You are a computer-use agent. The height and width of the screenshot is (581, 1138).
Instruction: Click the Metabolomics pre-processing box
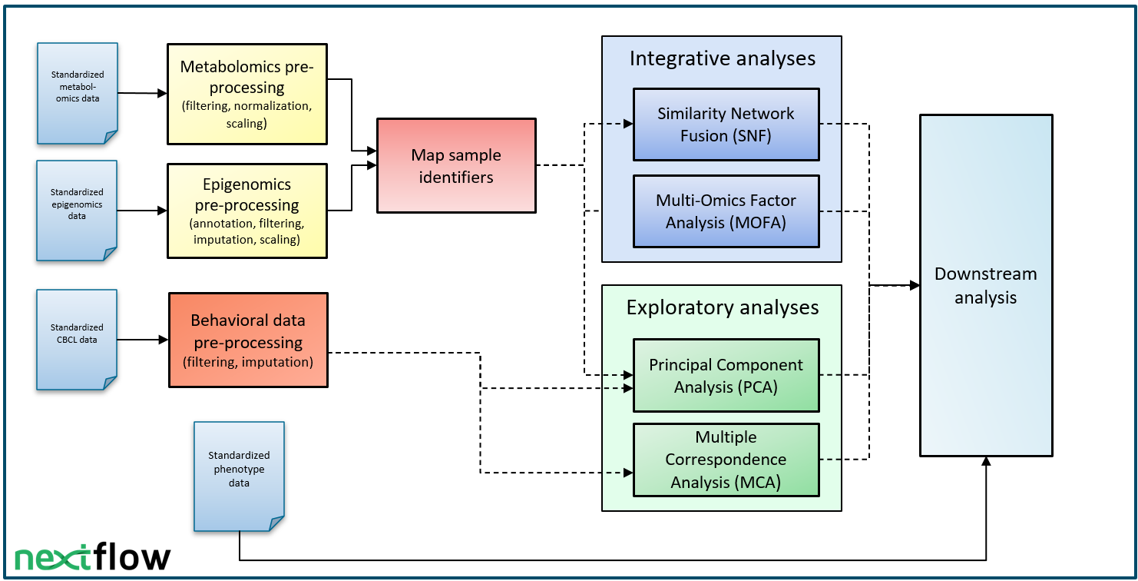click(x=247, y=94)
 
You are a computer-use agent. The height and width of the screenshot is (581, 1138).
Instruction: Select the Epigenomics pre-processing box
click(x=247, y=211)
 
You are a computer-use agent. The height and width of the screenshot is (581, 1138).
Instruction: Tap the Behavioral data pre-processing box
click(x=249, y=340)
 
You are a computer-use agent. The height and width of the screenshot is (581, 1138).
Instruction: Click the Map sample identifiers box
click(x=456, y=166)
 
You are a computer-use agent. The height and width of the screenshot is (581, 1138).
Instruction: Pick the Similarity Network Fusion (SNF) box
click(x=726, y=124)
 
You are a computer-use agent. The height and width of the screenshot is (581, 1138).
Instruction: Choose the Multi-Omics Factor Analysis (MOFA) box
click(x=726, y=211)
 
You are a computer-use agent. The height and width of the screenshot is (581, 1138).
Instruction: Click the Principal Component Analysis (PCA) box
click(x=726, y=376)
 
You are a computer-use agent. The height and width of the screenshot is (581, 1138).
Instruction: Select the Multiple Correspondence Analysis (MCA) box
click(x=726, y=460)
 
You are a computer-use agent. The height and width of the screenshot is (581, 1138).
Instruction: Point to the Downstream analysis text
click(x=986, y=285)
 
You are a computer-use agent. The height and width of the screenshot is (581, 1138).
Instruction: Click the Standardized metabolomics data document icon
click(x=78, y=94)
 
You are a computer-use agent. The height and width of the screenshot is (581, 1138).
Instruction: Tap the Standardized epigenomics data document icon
click(x=77, y=211)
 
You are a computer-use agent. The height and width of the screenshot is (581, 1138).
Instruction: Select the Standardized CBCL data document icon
click(x=77, y=340)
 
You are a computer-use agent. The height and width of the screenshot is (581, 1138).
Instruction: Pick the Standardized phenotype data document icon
click(x=239, y=476)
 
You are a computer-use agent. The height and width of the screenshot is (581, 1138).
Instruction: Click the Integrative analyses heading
click(x=723, y=58)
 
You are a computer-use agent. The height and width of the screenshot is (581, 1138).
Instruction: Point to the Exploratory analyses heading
click(x=723, y=307)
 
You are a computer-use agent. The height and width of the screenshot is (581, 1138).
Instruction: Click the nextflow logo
click(x=92, y=557)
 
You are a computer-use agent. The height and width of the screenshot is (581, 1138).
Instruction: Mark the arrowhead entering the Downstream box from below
click(x=986, y=461)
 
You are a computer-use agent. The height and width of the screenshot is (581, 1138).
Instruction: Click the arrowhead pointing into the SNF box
click(x=628, y=124)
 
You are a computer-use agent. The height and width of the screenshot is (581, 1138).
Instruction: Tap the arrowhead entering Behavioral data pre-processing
click(x=163, y=340)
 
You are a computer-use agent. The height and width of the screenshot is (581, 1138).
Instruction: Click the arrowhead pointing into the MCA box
click(x=628, y=473)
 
